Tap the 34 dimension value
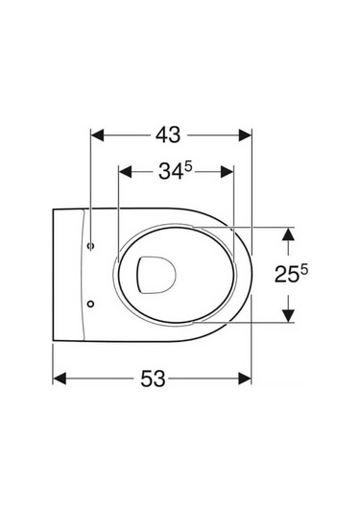(x=169, y=173)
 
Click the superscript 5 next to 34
(x=189, y=167)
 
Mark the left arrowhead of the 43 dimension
(x=95, y=136)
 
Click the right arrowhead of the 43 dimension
(x=247, y=136)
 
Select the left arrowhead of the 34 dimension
(x=122, y=173)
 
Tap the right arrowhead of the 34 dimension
(x=228, y=173)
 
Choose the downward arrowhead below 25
(x=285, y=317)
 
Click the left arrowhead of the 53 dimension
(x=58, y=378)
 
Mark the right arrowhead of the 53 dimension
(x=247, y=378)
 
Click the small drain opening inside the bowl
(x=155, y=275)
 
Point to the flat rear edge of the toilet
(x=52, y=275)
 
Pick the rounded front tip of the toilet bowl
(x=252, y=275)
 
